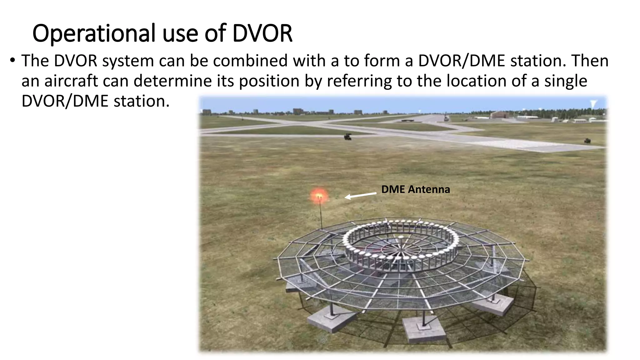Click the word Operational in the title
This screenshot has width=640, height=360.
coord(93,33)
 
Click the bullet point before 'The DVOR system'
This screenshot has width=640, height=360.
coord(12,60)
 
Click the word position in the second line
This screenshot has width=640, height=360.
coord(269,81)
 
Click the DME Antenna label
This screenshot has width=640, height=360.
coord(415,189)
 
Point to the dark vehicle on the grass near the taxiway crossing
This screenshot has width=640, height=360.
coord(347,137)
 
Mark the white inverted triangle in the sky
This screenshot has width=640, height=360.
coord(593,103)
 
